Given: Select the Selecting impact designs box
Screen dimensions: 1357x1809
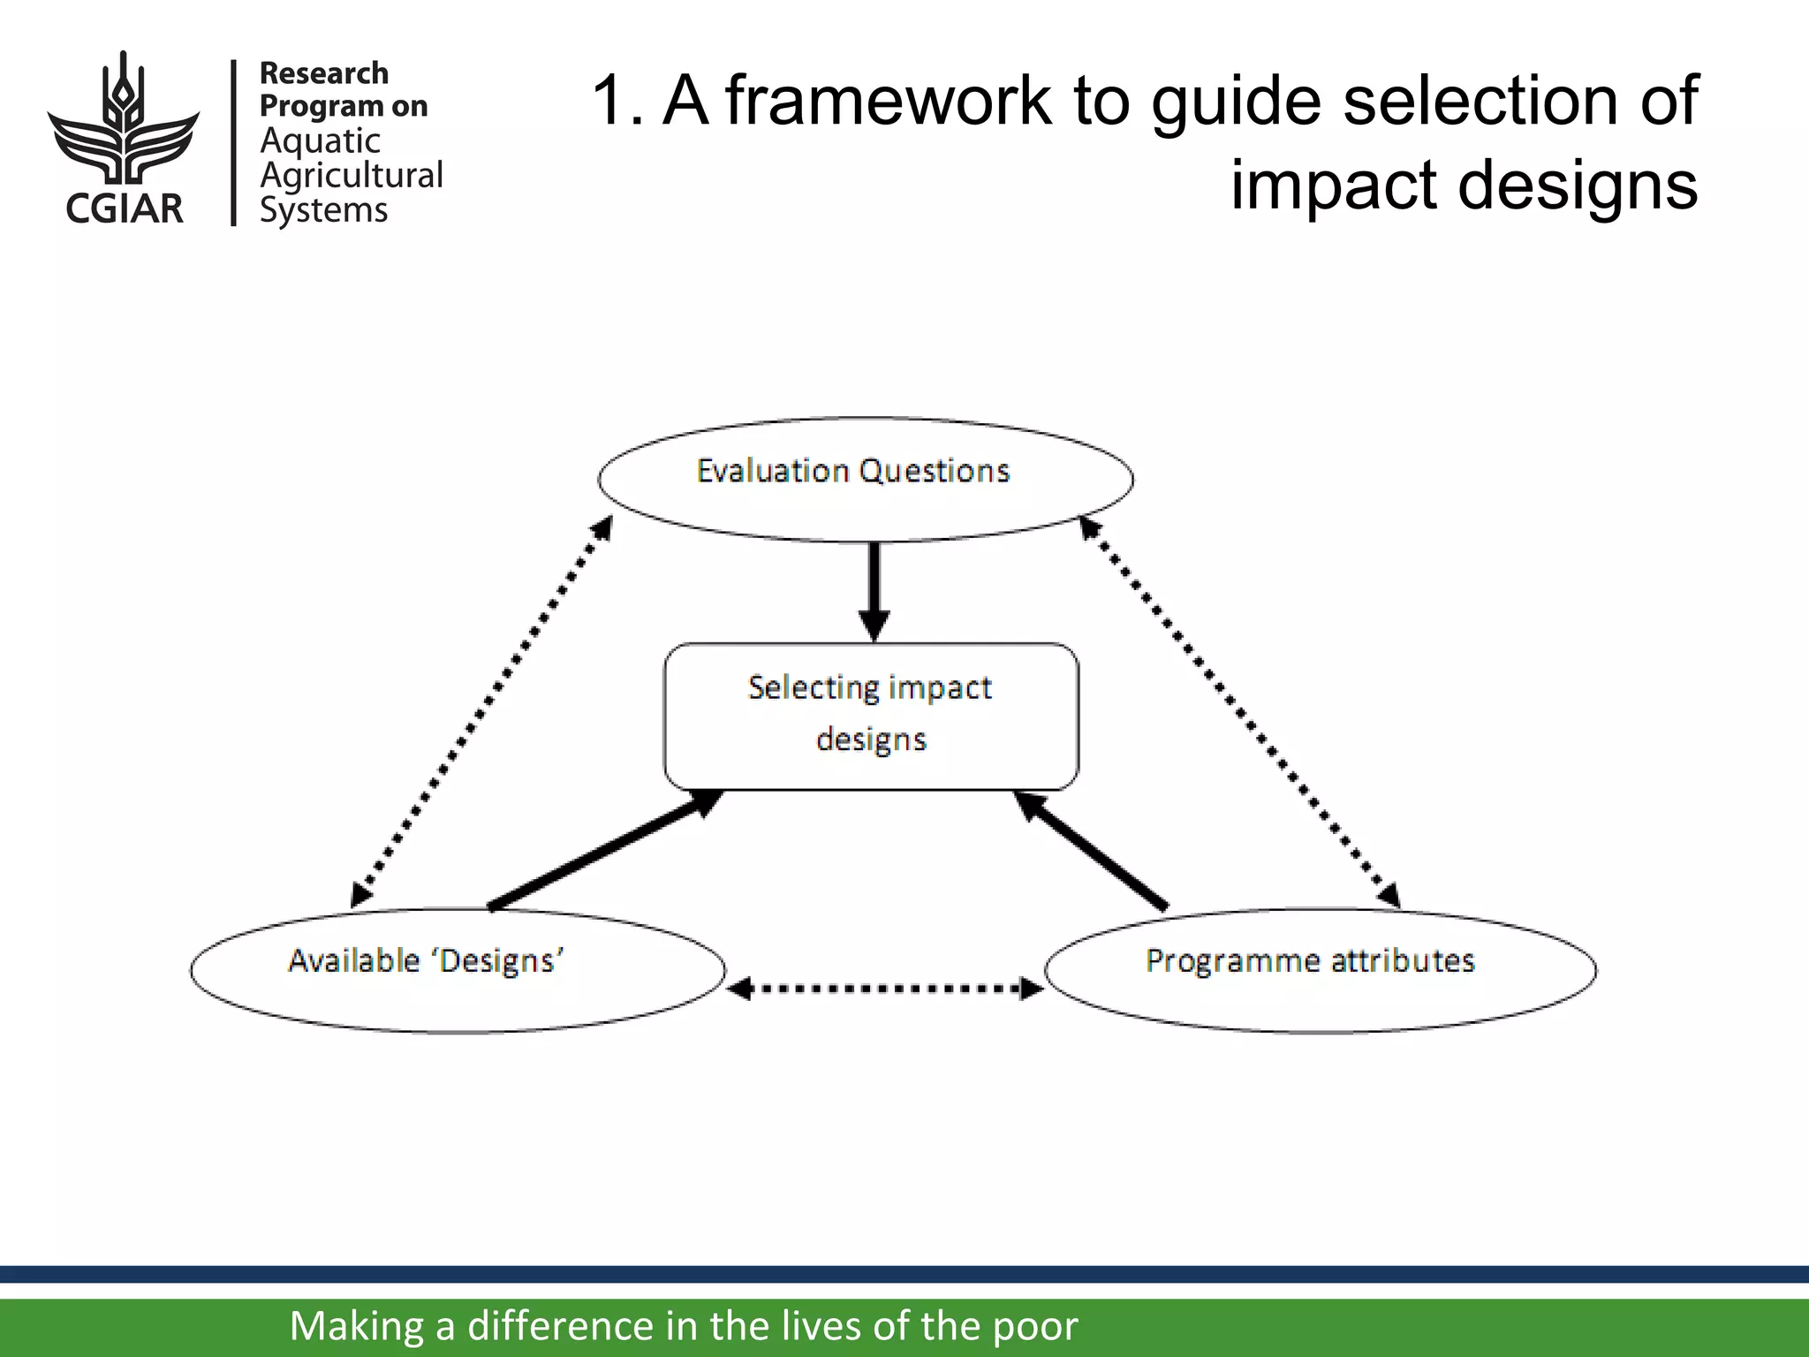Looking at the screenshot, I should tap(871, 716).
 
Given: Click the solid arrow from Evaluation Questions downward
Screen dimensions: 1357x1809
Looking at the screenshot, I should tap(874, 588).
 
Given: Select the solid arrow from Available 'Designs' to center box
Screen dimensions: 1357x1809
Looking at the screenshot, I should tap(605, 849).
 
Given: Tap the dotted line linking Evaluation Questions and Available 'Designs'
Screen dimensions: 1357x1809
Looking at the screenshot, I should tap(481, 712).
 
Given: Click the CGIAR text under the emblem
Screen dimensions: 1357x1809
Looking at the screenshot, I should tap(124, 208).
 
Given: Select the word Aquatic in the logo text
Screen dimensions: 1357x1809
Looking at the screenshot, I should tap(320, 141).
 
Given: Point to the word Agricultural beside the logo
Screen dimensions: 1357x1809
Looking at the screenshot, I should tap(352, 176).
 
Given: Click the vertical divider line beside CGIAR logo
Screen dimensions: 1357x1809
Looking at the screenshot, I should tap(233, 142).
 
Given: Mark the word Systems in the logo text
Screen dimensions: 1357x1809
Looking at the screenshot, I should tap(323, 210).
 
